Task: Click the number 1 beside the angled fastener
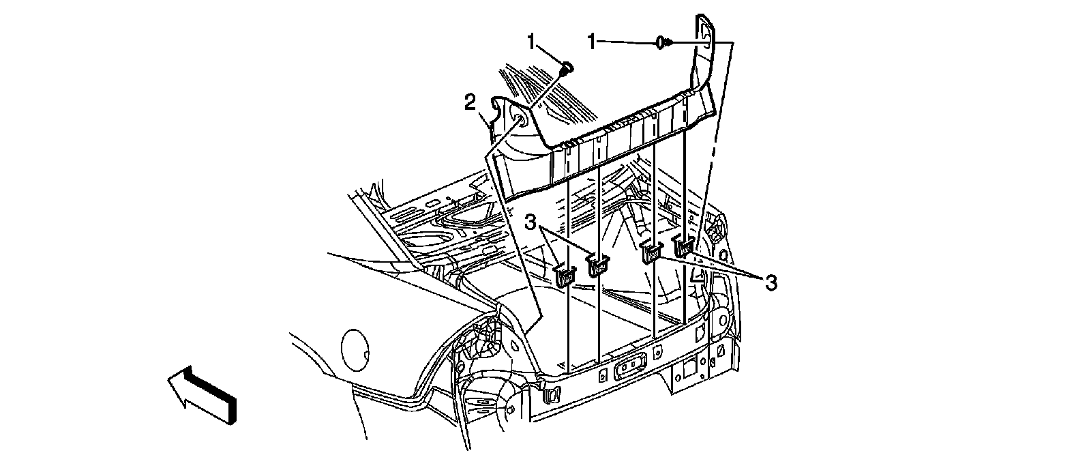(x=533, y=42)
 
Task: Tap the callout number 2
(x=470, y=103)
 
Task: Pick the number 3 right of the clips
(x=770, y=282)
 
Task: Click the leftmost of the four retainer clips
(x=565, y=275)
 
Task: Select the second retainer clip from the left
(x=597, y=265)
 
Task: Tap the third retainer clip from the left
(x=652, y=253)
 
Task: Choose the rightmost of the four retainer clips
(x=683, y=245)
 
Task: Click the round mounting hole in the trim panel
(x=520, y=122)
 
